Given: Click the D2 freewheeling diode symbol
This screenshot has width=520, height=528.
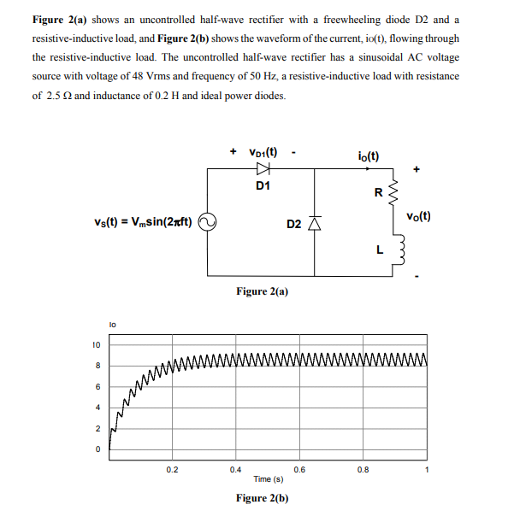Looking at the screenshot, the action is [x=314, y=223].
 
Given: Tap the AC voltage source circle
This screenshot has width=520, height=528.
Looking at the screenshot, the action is [x=206, y=223].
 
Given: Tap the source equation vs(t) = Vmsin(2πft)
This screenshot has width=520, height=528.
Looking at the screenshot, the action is [x=143, y=223].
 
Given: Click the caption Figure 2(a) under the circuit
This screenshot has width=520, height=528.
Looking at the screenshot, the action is [x=262, y=291].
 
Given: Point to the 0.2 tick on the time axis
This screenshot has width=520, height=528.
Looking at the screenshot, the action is [x=172, y=468].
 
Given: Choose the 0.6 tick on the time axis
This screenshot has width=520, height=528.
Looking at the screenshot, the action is [x=299, y=468].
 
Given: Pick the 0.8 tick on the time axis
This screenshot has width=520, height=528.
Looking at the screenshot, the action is [x=363, y=468].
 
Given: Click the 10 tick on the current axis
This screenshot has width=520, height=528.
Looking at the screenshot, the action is [x=97, y=345].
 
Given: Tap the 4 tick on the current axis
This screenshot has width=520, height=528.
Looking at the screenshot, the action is [x=98, y=408].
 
